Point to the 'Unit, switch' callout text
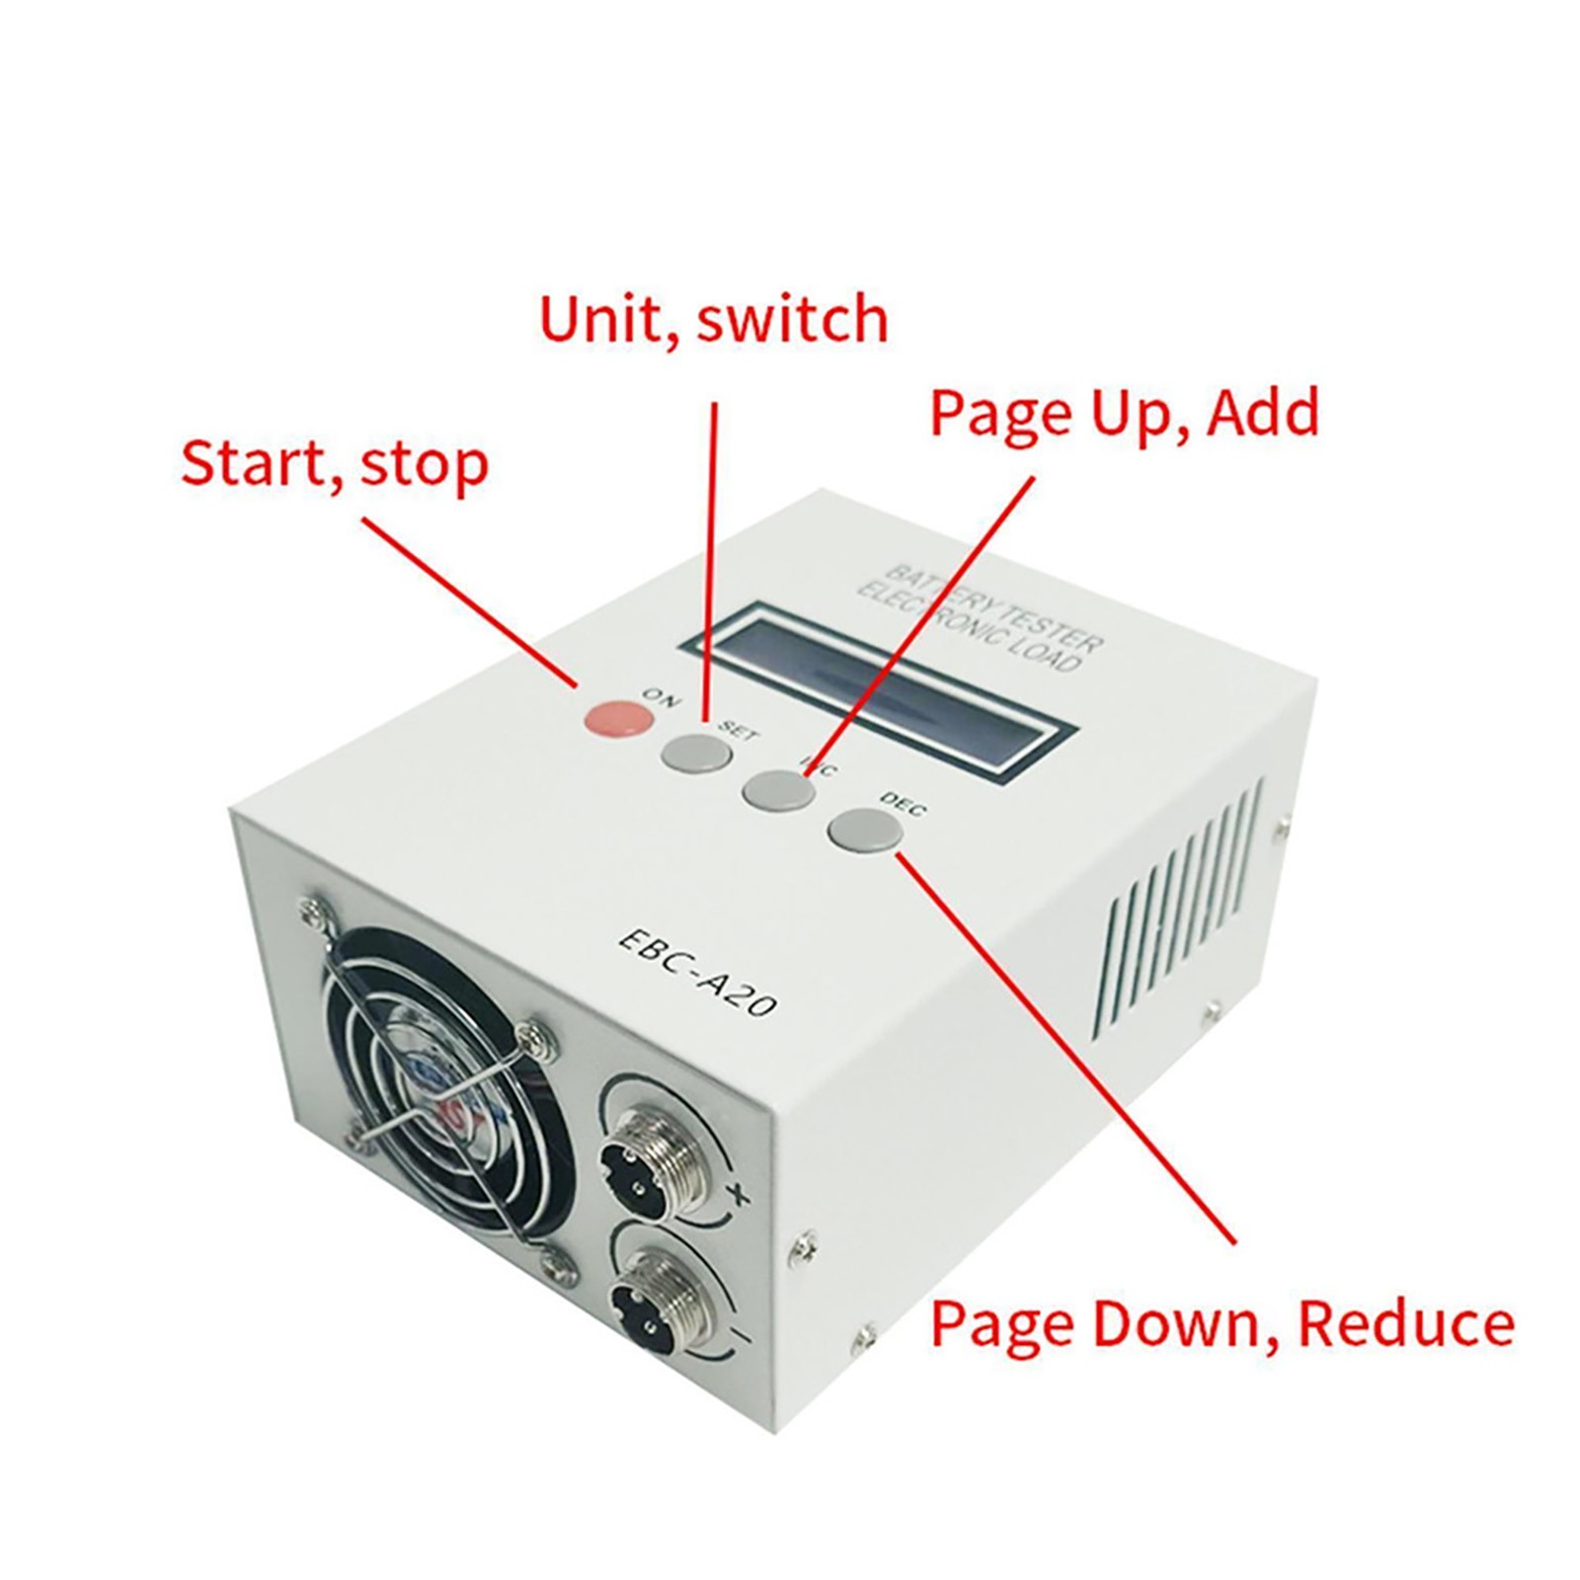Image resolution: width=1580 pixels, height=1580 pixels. tap(713, 319)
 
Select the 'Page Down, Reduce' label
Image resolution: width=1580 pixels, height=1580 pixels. tap(1222, 1323)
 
